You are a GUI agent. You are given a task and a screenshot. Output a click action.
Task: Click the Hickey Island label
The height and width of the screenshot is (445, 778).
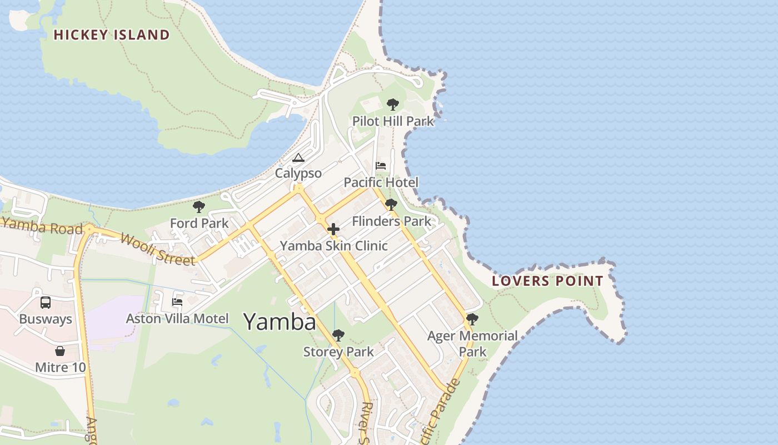click(x=112, y=35)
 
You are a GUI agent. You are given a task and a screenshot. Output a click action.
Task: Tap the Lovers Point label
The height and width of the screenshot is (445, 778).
click(x=547, y=281)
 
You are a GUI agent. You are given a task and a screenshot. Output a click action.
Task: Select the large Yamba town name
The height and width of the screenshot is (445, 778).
click(x=280, y=322)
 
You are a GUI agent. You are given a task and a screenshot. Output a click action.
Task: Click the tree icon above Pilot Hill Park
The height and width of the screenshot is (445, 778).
click(x=393, y=105)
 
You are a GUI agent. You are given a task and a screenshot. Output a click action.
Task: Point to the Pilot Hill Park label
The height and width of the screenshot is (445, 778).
click(x=393, y=121)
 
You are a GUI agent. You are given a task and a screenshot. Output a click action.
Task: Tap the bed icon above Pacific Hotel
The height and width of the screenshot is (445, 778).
click(x=381, y=166)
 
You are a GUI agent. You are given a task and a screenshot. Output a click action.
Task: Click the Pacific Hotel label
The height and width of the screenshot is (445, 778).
click(x=381, y=182)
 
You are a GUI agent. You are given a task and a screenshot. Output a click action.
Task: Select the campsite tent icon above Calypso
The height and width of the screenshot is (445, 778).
click(x=298, y=157)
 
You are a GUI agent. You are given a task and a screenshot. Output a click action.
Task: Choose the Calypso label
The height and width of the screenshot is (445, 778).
click(x=298, y=174)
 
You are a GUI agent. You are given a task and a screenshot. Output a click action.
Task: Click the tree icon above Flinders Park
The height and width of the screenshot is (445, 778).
click(x=391, y=205)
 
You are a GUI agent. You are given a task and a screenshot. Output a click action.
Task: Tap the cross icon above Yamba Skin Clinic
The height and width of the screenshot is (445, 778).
click(x=333, y=229)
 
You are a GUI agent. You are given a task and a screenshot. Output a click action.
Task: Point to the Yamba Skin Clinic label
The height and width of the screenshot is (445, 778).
click(x=333, y=246)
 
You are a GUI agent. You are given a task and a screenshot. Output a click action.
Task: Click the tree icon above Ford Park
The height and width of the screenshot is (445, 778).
click(x=199, y=207)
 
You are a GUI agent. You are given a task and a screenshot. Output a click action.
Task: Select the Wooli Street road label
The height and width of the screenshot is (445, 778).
click(x=157, y=249)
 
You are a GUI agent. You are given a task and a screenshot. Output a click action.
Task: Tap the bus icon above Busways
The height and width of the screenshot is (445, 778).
click(x=46, y=303)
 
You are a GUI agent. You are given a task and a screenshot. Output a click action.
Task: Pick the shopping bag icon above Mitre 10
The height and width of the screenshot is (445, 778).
click(x=60, y=351)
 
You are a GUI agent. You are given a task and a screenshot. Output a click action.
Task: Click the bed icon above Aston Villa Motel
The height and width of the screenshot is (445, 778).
click(x=177, y=302)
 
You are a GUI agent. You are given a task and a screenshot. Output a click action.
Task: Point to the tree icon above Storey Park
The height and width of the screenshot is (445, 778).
click(x=338, y=335)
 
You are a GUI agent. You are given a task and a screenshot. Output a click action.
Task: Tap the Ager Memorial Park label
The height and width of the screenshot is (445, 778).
click(x=472, y=344)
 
